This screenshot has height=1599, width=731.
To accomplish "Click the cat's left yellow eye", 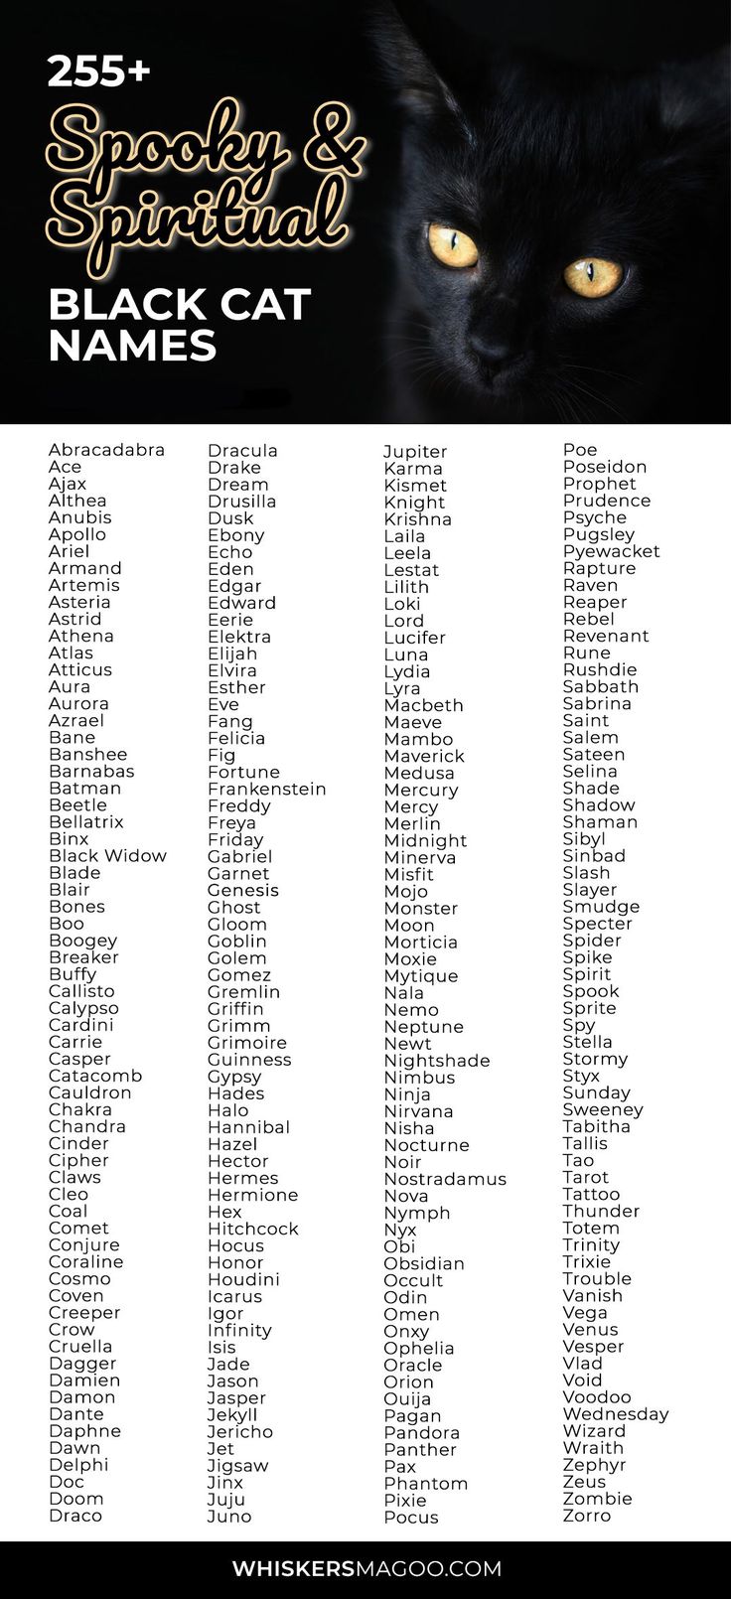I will pyautogui.click(x=453, y=244).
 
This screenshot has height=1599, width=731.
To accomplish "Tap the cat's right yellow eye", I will pyautogui.click(x=593, y=274).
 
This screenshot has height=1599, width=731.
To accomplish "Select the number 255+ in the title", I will pyautogui.click(x=98, y=71).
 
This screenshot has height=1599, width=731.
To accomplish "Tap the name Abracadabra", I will pyautogui.click(x=106, y=450).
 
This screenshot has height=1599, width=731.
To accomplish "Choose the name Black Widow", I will pyautogui.click(x=107, y=856).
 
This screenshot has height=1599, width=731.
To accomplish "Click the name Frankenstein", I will pyautogui.click(x=266, y=789).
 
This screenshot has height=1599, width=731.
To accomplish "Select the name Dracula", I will pyautogui.click(x=242, y=451).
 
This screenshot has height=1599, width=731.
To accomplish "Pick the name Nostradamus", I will pyautogui.click(x=445, y=1179).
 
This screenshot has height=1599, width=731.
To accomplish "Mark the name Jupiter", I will pyautogui.click(x=415, y=452).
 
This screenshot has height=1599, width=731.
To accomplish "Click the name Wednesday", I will pyautogui.click(x=615, y=1414).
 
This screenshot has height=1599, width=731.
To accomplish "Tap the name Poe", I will pyautogui.click(x=580, y=450).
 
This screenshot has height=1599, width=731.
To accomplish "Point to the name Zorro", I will pyautogui.click(x=586, y=1516).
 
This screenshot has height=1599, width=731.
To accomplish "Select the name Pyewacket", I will pyautogui.click(x=611, y=551).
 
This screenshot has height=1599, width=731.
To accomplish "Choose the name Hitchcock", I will pyautogui.click(x=252, y=1229).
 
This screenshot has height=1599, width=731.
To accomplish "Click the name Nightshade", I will pyautogui.click(x=436, y=1061).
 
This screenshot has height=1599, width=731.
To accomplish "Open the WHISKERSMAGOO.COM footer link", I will pyautogui.click(x=366, y=1569).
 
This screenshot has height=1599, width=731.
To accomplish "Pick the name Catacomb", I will pyautogui.click(x=95, y=1076).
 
